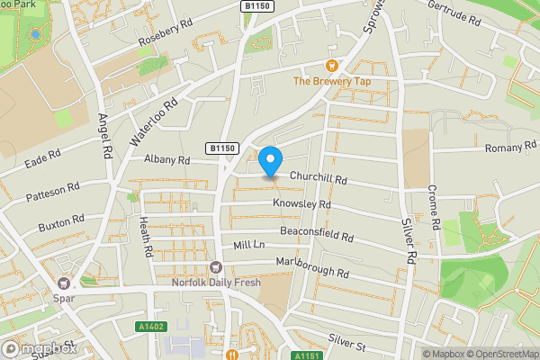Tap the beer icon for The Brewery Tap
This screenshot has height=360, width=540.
[x=331, y=65]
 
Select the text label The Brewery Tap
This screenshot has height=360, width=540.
[x=331, y=82]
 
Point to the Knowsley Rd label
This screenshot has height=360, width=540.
[x=302, y=204]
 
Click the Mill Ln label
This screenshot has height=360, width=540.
[x=248, y=245]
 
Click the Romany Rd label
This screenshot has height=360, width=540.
[x=510, y=148]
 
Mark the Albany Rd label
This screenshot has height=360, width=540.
[x=167, y=159]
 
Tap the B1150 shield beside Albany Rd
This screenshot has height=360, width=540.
[x=220, y=148]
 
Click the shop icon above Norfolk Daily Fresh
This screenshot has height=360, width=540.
[x=215, y=266]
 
